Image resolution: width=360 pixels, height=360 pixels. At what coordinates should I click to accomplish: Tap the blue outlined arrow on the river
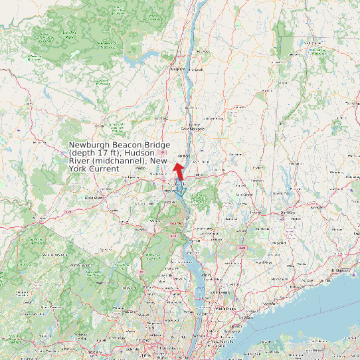point(178,188)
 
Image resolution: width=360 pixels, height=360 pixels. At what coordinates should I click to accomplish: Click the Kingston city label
point(177,68)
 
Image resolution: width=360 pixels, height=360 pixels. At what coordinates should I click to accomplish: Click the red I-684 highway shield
point(241,248)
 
